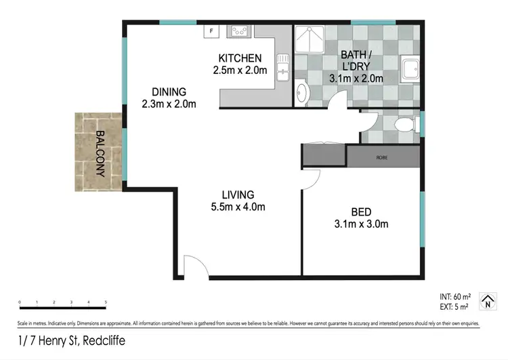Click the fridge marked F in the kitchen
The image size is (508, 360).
point(211,31)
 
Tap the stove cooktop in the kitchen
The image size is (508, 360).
point(239,31)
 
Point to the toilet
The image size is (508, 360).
point(407,124)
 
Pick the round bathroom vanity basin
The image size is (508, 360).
point(302,92)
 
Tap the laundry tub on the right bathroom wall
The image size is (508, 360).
point(410,68)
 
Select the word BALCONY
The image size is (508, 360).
point(100,153)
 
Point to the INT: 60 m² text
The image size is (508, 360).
point(455,297)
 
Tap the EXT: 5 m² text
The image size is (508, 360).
point(454,306)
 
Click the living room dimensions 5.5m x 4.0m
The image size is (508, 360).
point(237,207)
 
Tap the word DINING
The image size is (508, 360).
point(169,92)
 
